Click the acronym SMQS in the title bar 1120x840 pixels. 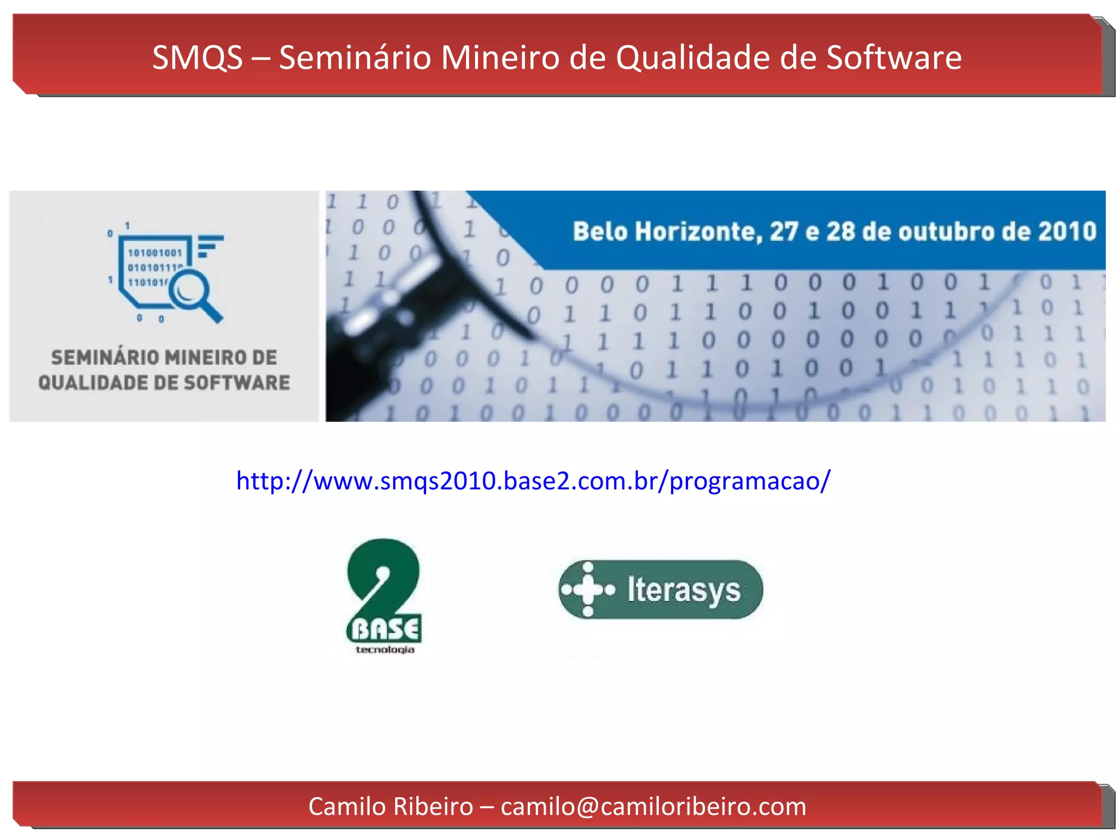tap(197, 57)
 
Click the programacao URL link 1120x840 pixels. tap(533, 481)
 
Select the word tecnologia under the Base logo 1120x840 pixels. tap(385, 650)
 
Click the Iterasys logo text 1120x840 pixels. tap(684, 590)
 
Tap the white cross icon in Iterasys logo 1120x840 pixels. tap(588, 590)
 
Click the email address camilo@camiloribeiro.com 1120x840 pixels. tap(654, 807)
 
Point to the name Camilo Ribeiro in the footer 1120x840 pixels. tap(390, 807)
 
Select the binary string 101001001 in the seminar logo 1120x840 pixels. tap(155, 253)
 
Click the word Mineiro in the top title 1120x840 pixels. tap(500, 57)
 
